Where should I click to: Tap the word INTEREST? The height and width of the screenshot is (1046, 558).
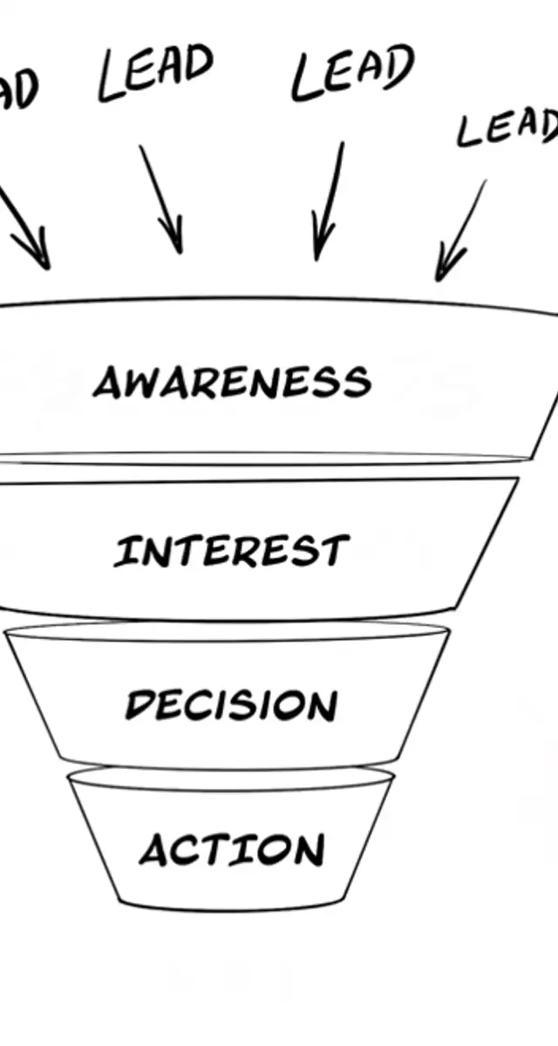coord(231,552)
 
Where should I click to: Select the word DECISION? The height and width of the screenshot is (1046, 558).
coord(230,704)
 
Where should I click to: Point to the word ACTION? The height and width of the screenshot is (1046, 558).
coord(231,851)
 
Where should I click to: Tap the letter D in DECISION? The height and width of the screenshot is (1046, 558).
coord(139,704)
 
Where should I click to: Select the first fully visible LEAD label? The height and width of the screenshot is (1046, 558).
coord(155,73)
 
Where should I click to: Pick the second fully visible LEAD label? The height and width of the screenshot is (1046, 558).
coord(352,73)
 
